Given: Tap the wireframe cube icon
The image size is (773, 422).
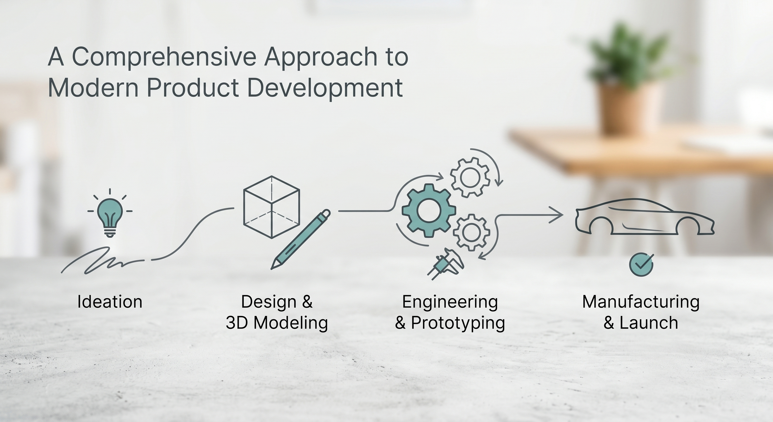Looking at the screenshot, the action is pyautogui.click(x=271, y=207).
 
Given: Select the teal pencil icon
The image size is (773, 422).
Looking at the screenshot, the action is pyautogui.click(x=301, y=239).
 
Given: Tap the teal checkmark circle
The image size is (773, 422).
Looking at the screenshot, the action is pyautogui.click(x=641, y=264).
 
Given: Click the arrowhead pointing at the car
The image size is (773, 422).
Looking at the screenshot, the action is pyautogui.click(x=557, y=215).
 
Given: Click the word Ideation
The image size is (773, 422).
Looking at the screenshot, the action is pyautogui.click(x=110, y=302).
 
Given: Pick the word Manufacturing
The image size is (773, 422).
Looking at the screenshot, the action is pyautogui.click(x=641, y=302).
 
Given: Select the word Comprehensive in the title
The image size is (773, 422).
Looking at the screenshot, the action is pyautogui.click(x=164, y=57).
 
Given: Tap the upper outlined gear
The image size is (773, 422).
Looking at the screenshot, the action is pyautogui.click(x=470, y=177).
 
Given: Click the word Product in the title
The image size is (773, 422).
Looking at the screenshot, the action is pyautogui.click(x=193, y=88).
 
